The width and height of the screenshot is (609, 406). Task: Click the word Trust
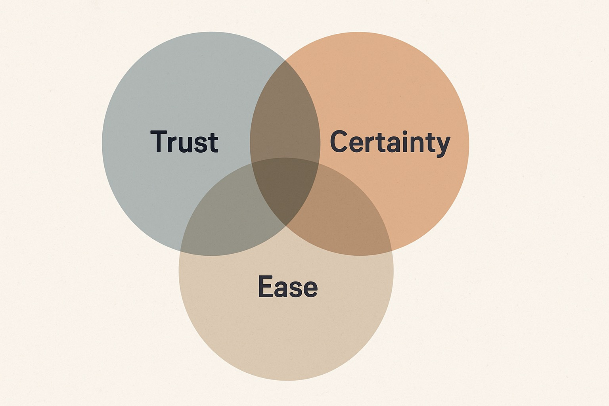[184, 142]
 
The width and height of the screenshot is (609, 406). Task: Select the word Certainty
[390, 142]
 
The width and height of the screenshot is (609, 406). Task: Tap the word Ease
[287, 286]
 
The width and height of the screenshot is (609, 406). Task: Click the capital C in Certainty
[339, 142]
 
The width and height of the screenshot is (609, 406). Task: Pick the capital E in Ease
[265, 286]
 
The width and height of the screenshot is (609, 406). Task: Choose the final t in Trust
[213, 142]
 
